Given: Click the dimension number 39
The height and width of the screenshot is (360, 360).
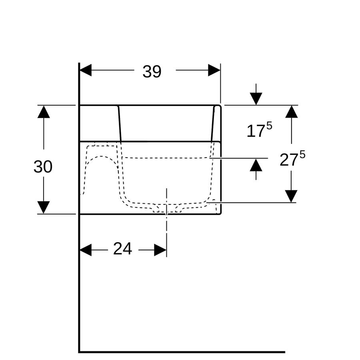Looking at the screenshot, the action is point(152,72).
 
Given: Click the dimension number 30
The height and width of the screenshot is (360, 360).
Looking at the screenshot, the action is point(43,167).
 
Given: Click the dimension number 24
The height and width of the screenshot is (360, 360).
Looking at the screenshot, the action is point(123,249).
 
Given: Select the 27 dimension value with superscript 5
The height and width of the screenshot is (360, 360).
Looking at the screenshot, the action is point(292,158).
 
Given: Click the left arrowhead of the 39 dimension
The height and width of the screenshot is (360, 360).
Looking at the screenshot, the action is point(86,70).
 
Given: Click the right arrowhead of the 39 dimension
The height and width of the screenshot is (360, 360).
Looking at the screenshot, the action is point(214,70).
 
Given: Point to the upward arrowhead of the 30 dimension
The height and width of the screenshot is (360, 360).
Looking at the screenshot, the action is point(44,112).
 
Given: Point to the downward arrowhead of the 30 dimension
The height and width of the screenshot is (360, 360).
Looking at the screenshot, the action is point(44,207).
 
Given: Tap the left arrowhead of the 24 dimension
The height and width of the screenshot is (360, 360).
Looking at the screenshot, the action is point(86,250).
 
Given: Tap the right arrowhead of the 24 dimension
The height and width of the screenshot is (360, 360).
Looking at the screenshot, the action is point(160,250).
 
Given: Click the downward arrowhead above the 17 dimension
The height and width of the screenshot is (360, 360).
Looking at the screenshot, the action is point(256,99).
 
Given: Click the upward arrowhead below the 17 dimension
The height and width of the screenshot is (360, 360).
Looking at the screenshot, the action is point(256,165).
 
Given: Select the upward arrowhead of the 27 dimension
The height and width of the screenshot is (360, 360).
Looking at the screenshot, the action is point(291,112).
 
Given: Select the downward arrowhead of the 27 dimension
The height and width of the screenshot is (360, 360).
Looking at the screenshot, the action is point(291,196).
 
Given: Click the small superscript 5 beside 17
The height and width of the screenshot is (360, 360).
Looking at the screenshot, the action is point(269,126).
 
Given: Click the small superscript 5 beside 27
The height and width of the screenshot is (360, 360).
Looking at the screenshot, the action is point(303,154).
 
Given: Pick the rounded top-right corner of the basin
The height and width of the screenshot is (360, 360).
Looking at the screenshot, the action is point(220,106).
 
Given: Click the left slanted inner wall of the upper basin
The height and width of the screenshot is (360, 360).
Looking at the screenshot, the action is point(119,124).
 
